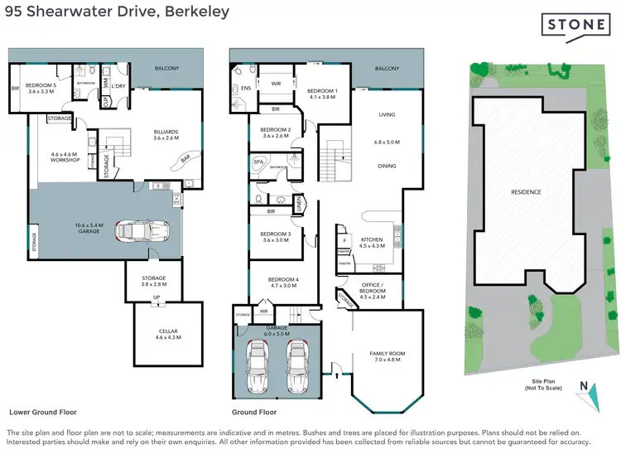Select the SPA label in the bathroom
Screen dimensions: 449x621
pyautogui.click(x=258, y=162)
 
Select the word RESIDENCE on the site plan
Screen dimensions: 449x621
pyautogui.click(x=526, y=192)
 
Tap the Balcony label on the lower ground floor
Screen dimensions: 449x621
pyautogui.click(x=165, y=69)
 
